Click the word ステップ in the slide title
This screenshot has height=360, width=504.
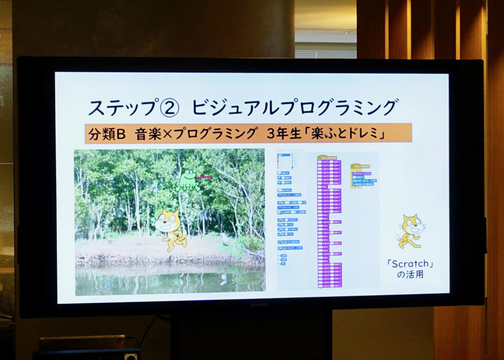pyautogui.click(x=120, y=107)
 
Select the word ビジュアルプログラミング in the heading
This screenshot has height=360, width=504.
pyautogui.click(x=295, y=107)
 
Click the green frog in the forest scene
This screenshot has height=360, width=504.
pyautogui.click(x=187, y=181)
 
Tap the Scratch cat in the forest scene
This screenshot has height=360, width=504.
pyautogui.click(x=169, y=229)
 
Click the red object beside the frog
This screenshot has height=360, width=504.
pyautogui.click(x=204, y=178)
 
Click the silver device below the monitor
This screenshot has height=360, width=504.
pyautogui.click(x=82, y=342)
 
